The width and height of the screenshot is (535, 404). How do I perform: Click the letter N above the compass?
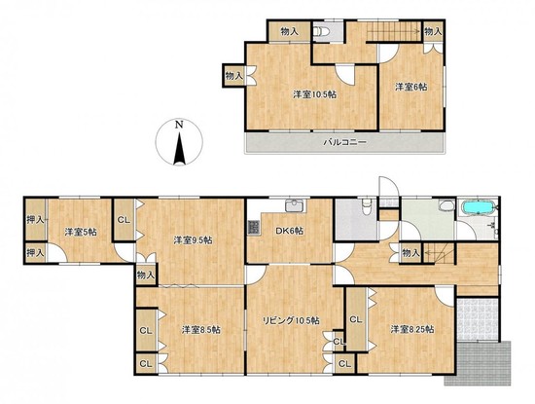pos(178,125)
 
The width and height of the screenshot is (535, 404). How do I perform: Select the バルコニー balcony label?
pos(344,142)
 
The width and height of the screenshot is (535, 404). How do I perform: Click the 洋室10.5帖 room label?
pos(314,94)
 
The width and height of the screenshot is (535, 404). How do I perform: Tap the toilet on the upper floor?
pos(321,31)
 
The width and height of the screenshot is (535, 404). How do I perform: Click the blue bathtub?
pos(479,207)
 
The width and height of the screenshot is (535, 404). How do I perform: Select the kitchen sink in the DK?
pos(296,206)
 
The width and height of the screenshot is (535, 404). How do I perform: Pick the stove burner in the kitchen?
pos(254,228)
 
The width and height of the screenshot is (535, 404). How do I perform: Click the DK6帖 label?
pos(289,231)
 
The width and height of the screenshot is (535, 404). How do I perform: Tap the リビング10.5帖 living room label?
pos(291,320)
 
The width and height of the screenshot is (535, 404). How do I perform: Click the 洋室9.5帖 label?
pos(193,240)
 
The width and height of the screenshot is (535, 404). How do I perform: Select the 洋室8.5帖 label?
pos(200,330)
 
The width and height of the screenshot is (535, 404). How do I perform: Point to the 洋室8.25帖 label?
pos(412,330)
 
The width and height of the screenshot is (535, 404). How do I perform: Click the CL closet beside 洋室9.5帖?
pos(124,220)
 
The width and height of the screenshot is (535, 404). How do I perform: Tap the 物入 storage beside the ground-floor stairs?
pos(410,253)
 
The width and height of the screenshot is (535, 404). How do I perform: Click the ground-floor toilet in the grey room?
pos(367,207)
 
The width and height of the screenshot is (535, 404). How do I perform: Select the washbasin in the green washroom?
pos(446,206)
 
